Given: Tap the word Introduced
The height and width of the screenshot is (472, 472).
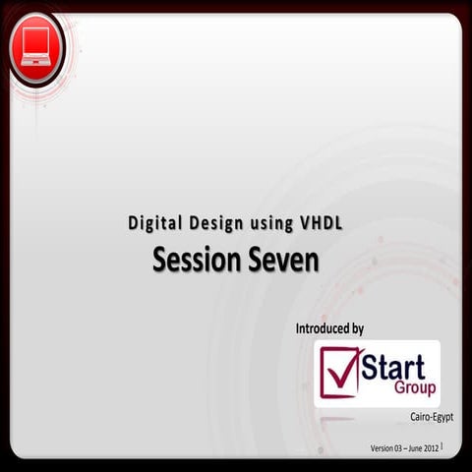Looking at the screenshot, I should click(324, 328).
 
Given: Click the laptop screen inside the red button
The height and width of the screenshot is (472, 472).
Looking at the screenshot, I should click(35, 41).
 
